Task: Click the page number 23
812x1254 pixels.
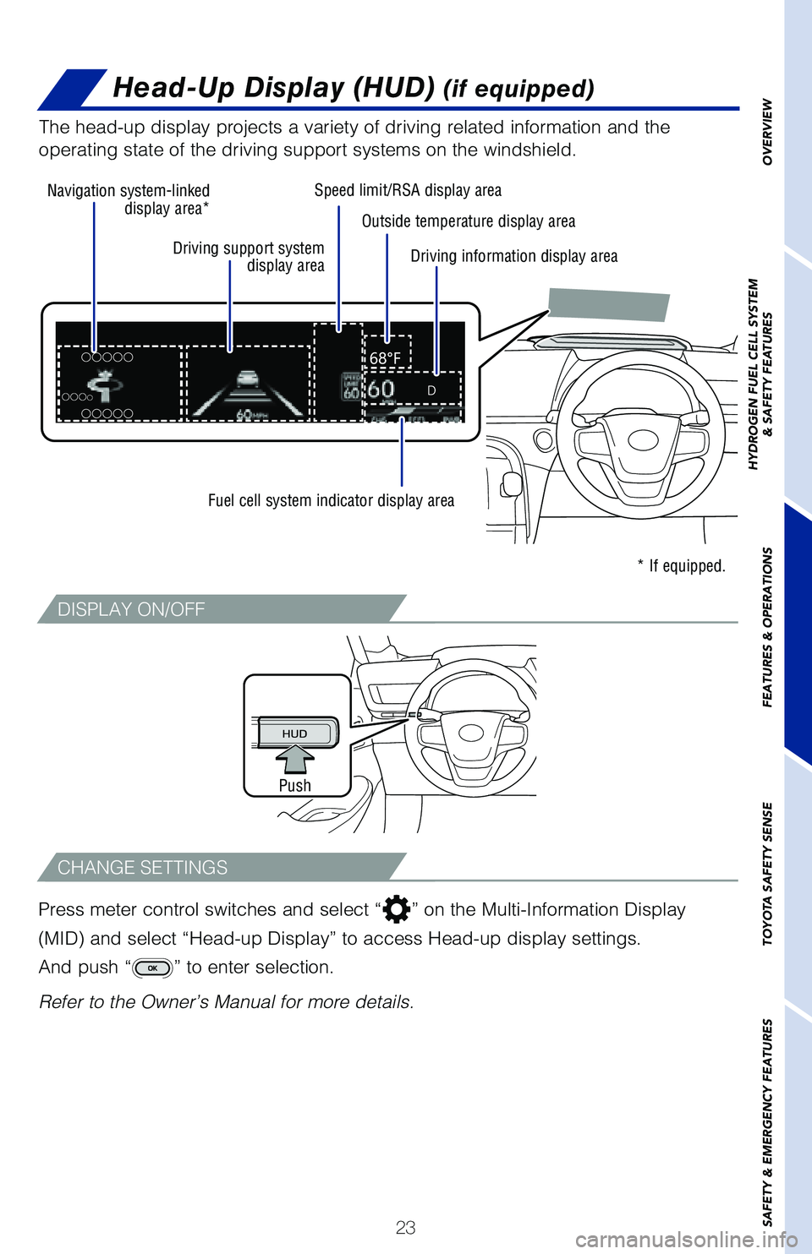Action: [x=405, y=1227]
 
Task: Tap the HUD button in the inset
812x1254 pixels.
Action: [x=295, y=733]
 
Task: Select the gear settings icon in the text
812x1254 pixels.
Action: [x=396, y=909]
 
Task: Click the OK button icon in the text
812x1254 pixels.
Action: [x=152, y=968]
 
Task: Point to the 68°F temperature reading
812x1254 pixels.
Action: [x=386, y=358]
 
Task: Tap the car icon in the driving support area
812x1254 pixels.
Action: [x=247, y=379]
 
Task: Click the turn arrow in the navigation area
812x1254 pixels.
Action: [x=105, y=386]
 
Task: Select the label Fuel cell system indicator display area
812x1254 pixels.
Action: [x=331, y=500]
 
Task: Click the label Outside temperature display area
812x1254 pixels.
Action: [x=468, y=221]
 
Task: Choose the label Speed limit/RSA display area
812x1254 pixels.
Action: [x=408, y=190]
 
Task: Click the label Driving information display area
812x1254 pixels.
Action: [x=513, y=256]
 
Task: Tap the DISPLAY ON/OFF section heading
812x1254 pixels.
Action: [x=131, y=609]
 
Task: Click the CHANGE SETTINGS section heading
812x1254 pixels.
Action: [x=142, y=868]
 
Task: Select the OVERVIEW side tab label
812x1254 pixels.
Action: [x=767, y=133]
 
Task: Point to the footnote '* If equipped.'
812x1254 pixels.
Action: [x=681, y=566]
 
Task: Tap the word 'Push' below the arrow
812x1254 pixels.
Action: [x=295, y=786]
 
